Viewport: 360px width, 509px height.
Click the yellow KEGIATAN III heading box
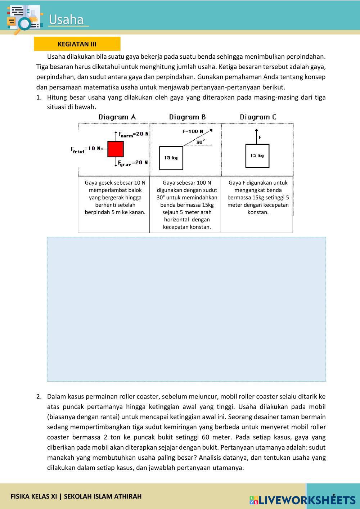click(x=77, y=44)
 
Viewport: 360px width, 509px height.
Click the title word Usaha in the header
click(x=66, y=20)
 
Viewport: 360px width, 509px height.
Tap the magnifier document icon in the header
click(x=24, y=19)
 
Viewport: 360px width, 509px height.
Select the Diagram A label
click(x=117, y=117)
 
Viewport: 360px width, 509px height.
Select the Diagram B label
click(x=187, y=117)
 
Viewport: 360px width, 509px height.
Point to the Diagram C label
click(x=258, y=117)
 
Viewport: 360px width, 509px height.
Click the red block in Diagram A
click(x=116, y=149)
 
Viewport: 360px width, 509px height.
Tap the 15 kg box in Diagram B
click(x=171, y=158)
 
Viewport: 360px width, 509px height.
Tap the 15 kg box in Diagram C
click(x=257, y=156)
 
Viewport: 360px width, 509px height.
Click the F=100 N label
click(x=193, y=131)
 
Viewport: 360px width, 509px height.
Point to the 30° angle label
click(x=200, y=142)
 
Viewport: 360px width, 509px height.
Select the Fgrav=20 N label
click(x=133, y=163)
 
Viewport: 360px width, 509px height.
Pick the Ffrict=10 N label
click(x=85, y=149)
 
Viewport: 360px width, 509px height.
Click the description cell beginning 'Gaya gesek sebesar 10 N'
click(x=115, y=197)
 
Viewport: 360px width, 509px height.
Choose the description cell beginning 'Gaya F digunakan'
click(x=258, y=197)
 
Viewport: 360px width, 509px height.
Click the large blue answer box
click(x=186, y=309)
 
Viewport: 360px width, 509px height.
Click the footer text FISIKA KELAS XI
click(x=34, y=496)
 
